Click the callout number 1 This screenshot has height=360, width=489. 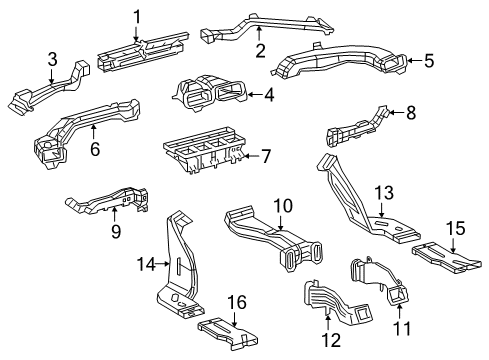pyautogui.click(x=138, y=15)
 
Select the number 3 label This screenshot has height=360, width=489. pyautogui.click(x=53, y=63)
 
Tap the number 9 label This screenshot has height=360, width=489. pyautogui.click(x=115, y=232)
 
